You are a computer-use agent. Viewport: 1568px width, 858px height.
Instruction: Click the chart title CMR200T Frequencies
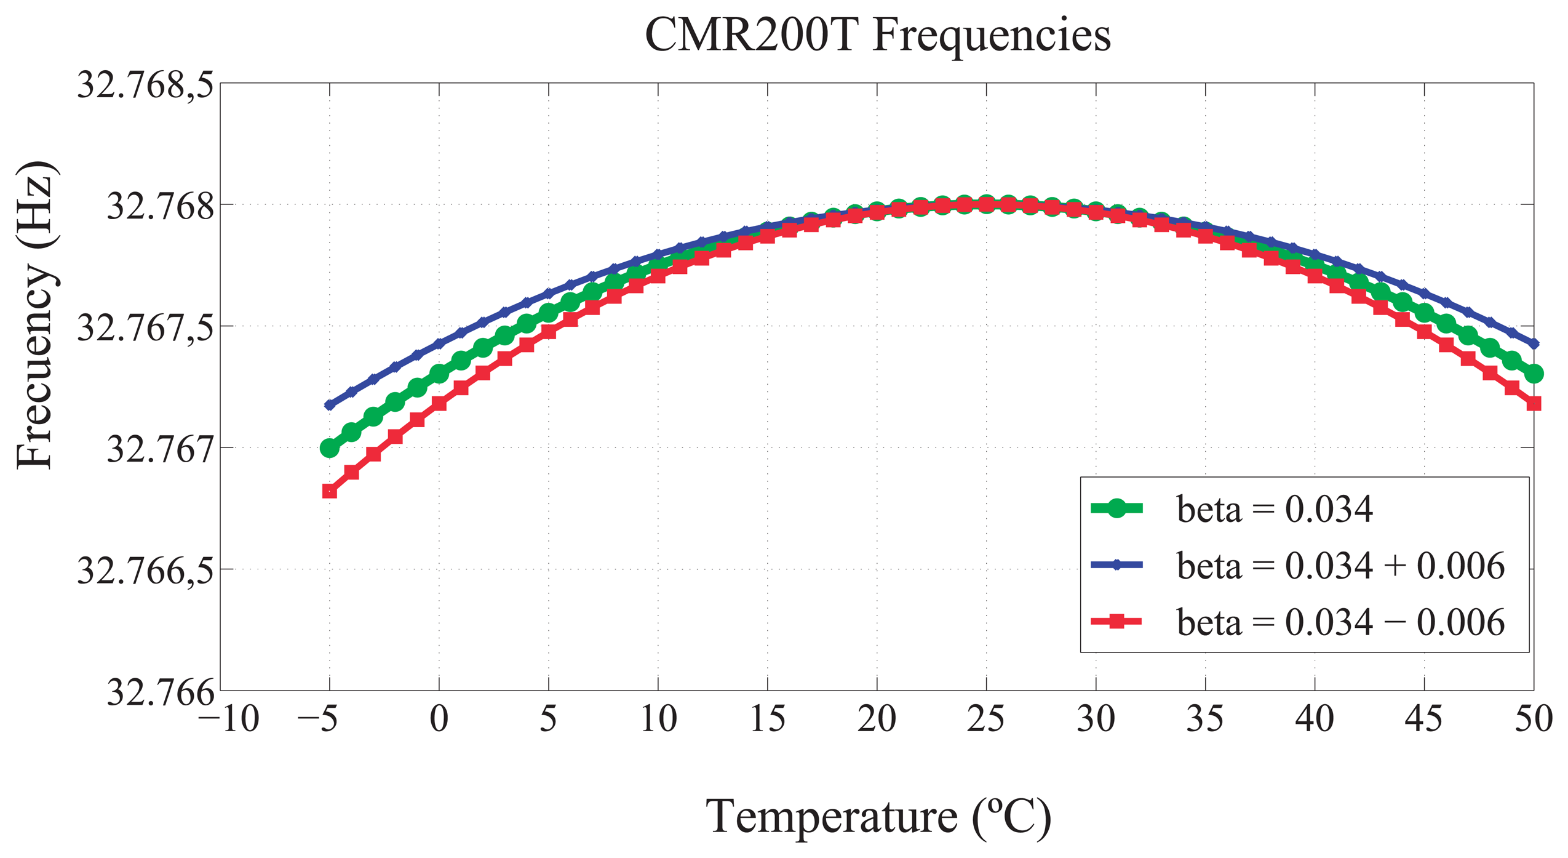click(877, 36)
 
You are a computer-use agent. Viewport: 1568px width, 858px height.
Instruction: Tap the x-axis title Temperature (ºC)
click(877, 816)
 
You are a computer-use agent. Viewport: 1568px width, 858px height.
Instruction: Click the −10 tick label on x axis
click(229, 718)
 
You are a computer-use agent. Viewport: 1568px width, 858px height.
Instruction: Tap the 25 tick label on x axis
click(985, 718)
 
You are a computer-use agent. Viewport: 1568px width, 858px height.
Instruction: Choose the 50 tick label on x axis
click(1533, 718)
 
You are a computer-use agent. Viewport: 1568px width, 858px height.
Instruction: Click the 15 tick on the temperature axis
click(767, 718)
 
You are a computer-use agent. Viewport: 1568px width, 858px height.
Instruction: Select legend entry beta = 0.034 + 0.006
click(1340, 566)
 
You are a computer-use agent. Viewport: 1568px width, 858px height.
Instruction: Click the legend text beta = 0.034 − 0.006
click(1340, 622)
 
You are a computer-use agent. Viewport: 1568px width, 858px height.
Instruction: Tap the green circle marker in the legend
click(1116, 508)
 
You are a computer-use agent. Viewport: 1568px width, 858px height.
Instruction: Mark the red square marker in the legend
click(1116, 621)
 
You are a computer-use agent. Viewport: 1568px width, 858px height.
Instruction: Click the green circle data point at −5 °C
click(330, 448)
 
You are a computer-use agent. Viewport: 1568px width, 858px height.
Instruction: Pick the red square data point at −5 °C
click(330, 491)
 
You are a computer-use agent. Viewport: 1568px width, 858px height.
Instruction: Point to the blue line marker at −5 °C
click(330, 405)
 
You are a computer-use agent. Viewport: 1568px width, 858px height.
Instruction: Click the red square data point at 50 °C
click(1534, 404)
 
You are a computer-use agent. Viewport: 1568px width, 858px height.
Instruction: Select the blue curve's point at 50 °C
click(1534, 343)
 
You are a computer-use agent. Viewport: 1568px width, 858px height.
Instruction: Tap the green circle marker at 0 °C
click(439, 374)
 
